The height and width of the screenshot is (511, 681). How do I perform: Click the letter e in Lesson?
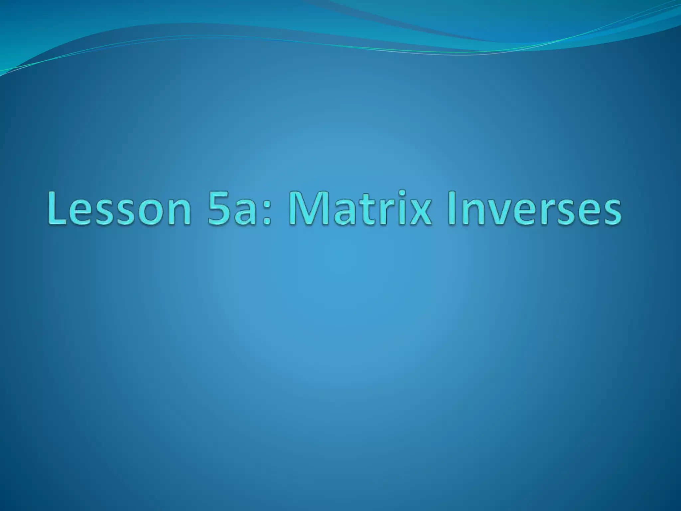(84, 213)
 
